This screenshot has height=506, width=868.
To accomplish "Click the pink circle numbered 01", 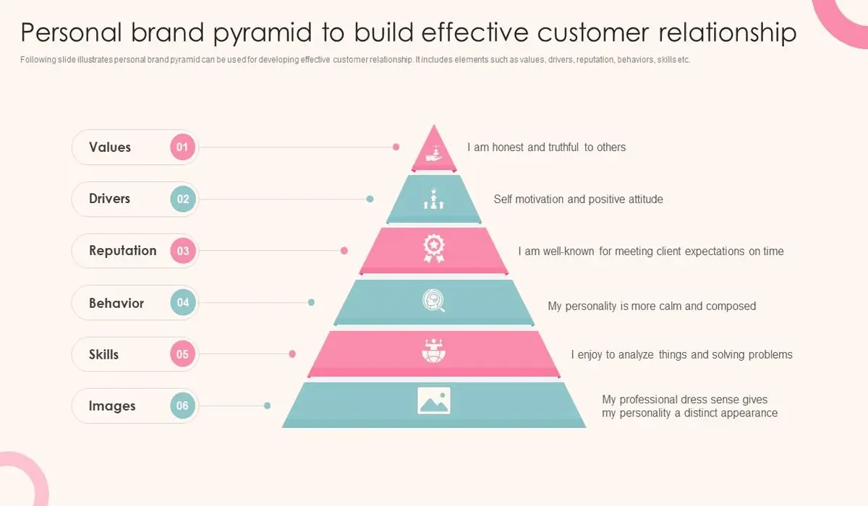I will coord(183,147).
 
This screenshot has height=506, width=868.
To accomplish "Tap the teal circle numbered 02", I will coord(183,200).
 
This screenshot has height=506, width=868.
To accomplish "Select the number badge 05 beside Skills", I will coord(183,354).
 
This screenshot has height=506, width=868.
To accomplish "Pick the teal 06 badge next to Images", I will coord(183,406).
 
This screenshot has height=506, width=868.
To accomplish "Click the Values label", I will coord(110,147).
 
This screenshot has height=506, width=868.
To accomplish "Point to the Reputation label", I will coord(122,251).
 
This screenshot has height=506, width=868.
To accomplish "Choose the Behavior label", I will coord(116,303).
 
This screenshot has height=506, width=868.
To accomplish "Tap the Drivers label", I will coord(109,199).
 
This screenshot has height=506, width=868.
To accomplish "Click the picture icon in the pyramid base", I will coord(434,400).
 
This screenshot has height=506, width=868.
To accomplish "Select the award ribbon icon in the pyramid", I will coord(434,248).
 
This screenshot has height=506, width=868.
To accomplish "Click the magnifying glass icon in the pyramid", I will coord(434,300).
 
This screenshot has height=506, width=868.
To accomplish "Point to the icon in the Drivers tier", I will coord(434,200).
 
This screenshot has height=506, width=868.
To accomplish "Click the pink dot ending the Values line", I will coord(396,147).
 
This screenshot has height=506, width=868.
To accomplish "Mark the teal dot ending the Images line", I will coord(268,406).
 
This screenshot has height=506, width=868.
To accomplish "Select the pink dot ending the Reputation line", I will coord(344,251).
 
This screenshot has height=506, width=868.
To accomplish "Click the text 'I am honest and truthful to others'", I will coord(546,147).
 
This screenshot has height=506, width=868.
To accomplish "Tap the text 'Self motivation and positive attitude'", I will coord(578,199).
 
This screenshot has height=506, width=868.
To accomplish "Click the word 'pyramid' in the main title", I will coord(297,33).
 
